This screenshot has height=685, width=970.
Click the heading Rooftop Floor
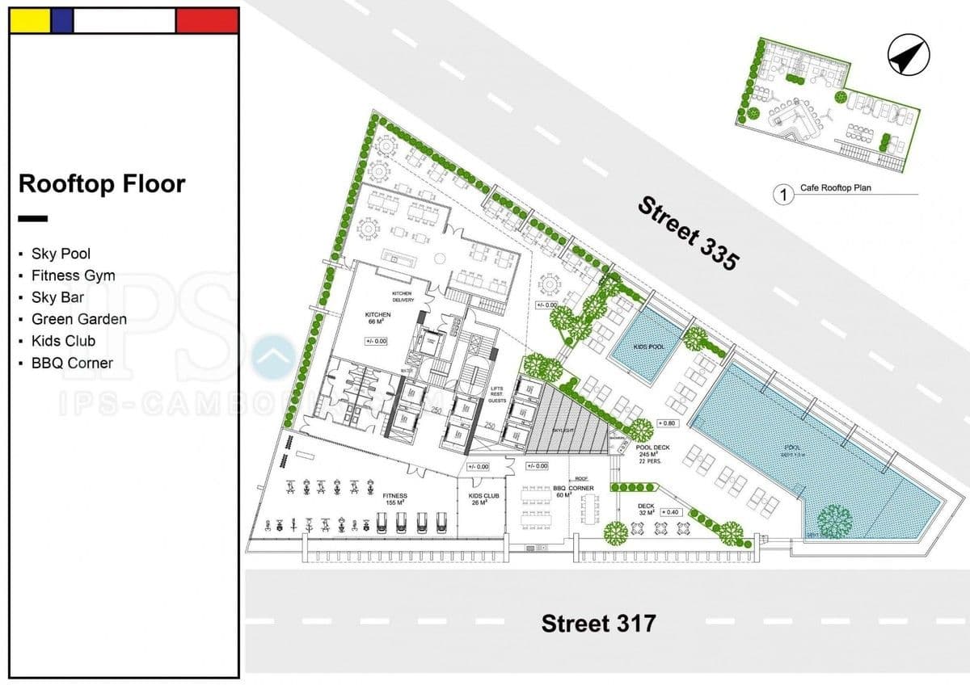(102, 184)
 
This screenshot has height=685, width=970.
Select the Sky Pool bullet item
(61, 254)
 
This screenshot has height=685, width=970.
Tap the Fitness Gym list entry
(73, 275)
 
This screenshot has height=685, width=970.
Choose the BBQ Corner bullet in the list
(72, 363)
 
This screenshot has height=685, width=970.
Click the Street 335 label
(688, 233)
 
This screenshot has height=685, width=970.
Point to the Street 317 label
(598, 624)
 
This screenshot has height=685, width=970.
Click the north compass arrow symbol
(908, 57)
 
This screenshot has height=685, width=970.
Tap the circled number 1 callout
(782, 194)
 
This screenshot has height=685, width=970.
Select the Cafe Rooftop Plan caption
(836, 188)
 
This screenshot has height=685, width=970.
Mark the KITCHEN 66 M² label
(378, 317)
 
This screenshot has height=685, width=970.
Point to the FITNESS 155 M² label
(395, 499)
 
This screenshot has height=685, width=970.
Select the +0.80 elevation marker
(667, 423)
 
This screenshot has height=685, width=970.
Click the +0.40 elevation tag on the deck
(670, 512)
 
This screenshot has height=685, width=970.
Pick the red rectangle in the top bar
(207, 21)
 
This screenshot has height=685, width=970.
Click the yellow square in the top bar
(30, 21)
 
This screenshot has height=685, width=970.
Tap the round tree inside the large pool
(834, 521)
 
